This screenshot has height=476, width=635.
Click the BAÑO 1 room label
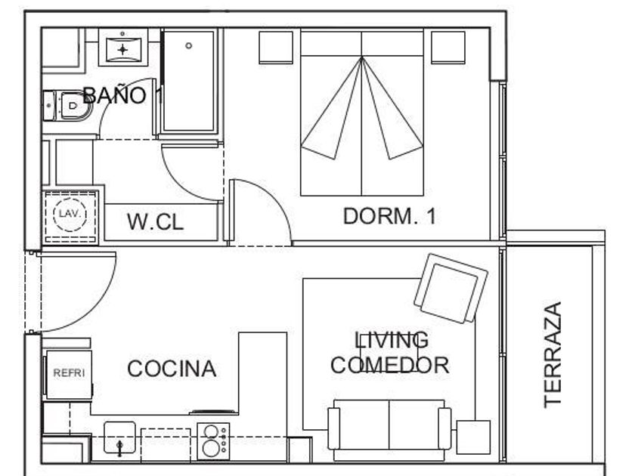point(122,95)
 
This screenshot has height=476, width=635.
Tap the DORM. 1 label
point(389,216)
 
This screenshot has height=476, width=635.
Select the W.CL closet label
point(155,221)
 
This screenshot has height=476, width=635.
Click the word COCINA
point(172,369)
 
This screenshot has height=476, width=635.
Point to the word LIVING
point(392,340)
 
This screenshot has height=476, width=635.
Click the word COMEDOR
point(389,365)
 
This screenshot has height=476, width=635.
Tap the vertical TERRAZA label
point(553,354)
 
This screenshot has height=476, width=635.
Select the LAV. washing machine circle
point(70,214)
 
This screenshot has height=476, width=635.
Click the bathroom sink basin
point(122,49)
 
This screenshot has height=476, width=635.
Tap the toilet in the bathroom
point(67,106)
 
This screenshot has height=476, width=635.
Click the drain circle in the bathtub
point(189,46)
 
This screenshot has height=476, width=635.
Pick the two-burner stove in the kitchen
point(213,441)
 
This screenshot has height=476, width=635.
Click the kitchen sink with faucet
point(119,438)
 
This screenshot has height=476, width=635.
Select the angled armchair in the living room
point(451,288)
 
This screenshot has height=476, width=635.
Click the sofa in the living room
point(389,430)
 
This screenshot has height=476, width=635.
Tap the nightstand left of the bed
point(276,48)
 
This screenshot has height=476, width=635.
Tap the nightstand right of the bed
point(448,48)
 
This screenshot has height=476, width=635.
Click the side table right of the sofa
point(473,437)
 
